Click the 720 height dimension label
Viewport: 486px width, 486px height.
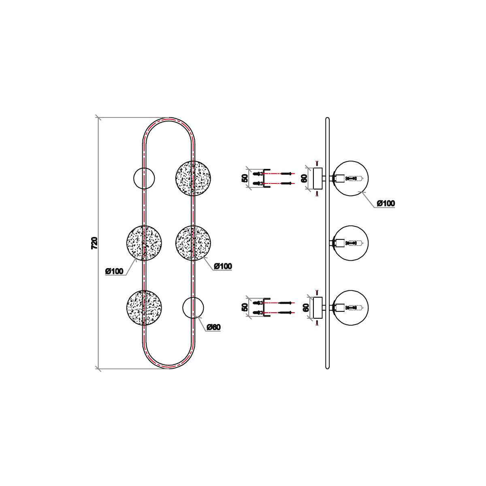click(94, 243)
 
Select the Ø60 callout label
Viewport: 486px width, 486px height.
click(213, 327)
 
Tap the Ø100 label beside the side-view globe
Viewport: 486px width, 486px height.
click(386, 203)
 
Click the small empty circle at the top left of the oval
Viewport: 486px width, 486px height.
click(144, 178)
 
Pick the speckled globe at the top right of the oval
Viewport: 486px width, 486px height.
click(193, 178)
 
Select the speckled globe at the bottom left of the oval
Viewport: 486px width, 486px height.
click(144, 308)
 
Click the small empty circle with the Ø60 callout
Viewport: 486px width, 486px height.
click(193, 308)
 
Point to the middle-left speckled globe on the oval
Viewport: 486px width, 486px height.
click(144, 243)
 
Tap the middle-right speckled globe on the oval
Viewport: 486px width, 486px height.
click(193, 243)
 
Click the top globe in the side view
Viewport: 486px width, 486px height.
click(351, 178)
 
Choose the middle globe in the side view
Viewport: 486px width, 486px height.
click(351, 243)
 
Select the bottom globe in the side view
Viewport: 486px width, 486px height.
click(351, 308)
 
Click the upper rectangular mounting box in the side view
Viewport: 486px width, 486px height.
click(318, 178)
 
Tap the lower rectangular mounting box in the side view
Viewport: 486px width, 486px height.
click(318, 308)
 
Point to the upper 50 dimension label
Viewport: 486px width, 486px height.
click(244, 178)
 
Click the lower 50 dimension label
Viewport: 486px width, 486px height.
click(244, 308)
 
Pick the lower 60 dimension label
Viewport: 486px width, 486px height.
click(305, 308)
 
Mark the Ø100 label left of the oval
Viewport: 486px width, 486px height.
click(114, 271)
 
